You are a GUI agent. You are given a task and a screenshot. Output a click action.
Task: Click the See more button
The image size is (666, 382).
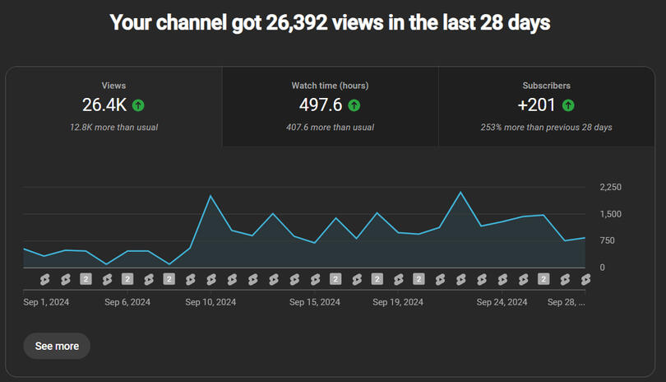tap(57, 346)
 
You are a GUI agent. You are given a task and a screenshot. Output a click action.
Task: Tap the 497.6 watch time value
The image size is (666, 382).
tap(321, 105)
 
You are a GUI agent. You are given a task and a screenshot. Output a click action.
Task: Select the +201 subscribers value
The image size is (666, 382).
tap(536, 105)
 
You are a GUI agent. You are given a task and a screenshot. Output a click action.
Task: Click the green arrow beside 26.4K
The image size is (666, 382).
tap(138, 105)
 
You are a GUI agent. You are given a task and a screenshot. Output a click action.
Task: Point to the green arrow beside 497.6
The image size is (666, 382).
tap(354, 105)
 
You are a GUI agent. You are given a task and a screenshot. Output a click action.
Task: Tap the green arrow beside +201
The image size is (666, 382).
tap(568, 105)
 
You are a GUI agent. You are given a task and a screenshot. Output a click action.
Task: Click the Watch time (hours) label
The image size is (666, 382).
tap(330, 86)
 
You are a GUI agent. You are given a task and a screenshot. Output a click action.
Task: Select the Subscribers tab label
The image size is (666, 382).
tap(546, 86)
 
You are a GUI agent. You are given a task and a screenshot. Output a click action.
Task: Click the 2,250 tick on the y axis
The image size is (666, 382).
tap(611, 188)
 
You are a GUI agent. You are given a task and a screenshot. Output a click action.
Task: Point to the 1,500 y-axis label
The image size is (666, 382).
tap(611, 214)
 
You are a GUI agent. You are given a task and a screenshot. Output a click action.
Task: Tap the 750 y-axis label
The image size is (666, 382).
tap(608, 240)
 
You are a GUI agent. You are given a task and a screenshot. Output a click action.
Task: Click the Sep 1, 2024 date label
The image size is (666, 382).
tap(46, 302)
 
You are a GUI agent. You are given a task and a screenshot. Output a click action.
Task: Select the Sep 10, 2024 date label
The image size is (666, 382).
tap(210, 302)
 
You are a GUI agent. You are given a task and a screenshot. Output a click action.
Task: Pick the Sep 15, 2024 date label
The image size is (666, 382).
tap(315, 302)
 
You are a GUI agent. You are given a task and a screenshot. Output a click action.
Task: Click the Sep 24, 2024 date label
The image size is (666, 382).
tap(502, 302)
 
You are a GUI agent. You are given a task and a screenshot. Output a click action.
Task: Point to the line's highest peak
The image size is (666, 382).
tap(460, 193)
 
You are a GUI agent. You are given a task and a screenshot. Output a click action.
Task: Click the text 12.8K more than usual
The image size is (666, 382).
tap(113, 128)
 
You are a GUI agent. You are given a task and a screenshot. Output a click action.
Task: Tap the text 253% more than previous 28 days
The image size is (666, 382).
tap(546, 128)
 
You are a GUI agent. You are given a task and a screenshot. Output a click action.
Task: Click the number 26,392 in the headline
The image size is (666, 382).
tap(298, 22)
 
